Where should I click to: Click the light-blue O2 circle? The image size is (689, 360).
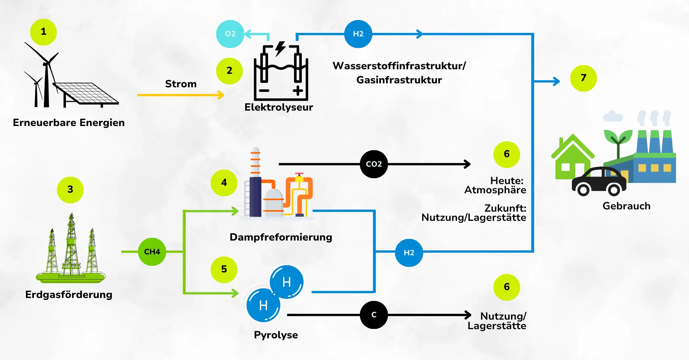230,34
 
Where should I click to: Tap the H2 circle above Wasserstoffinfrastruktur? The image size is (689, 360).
358,34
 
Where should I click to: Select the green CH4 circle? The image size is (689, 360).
152,252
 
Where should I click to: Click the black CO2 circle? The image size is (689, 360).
374,164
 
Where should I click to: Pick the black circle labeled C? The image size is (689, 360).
374,315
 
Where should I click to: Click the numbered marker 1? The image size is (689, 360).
43,32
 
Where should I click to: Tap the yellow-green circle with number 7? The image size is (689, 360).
583,78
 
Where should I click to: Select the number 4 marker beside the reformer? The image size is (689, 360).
224,183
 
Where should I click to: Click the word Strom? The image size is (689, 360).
181,84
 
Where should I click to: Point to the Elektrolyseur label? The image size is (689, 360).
279,107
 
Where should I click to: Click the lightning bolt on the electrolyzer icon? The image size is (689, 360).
280,48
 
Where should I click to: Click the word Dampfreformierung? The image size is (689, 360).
281,237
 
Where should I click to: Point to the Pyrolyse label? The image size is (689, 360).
276,335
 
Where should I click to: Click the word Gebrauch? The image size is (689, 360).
626,206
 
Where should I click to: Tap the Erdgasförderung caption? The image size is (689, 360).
69,295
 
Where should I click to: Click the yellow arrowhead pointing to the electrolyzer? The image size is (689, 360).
221,95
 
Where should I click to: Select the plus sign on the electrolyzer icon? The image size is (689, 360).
298,91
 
